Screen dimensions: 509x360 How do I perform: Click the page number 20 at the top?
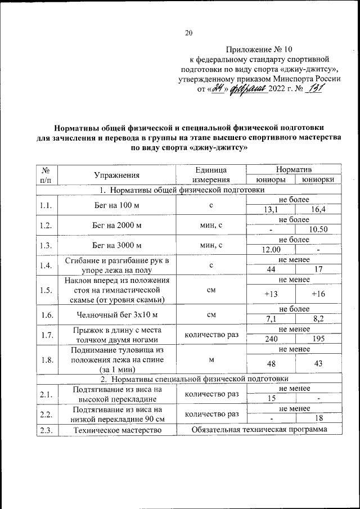pos(189,33)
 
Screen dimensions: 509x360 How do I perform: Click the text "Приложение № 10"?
pos(260,49)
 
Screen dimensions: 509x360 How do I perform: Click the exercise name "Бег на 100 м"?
pos(117,205)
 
